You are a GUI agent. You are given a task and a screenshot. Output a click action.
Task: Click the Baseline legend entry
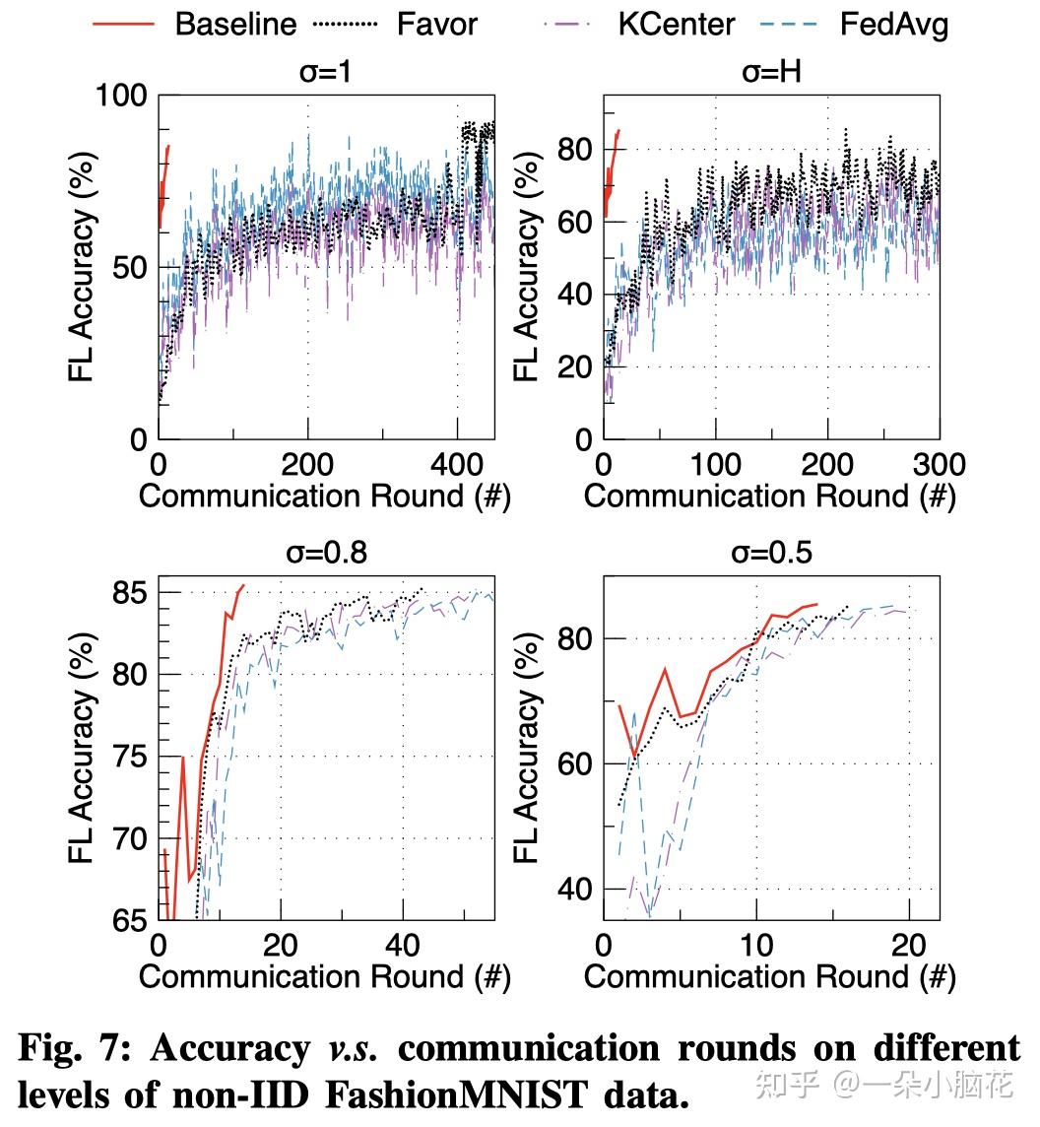pyautogui.click(x=235, y=23)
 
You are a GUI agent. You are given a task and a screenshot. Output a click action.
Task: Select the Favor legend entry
pyautogui.click(x=437, y=23)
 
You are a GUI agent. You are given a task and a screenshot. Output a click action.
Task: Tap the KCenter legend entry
pyautogui.click(x=676, y=23)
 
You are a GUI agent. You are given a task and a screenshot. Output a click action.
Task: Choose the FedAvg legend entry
pyautogui.click(x=894, y=23)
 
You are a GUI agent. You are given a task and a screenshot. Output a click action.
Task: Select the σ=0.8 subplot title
pyautogui.click(x=326, y=552)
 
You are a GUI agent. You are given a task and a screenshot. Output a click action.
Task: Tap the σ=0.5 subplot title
pyautogui.click(x=772, y=552)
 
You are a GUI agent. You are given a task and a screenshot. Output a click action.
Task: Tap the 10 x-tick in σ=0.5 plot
pyautogui.click(x=755, y=946)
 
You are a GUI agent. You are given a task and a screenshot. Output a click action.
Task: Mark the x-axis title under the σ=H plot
pyautogui.click(x=769, y=496)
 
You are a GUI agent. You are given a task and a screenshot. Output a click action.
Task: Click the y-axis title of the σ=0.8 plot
pyautogui.click(x=84, y=756)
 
